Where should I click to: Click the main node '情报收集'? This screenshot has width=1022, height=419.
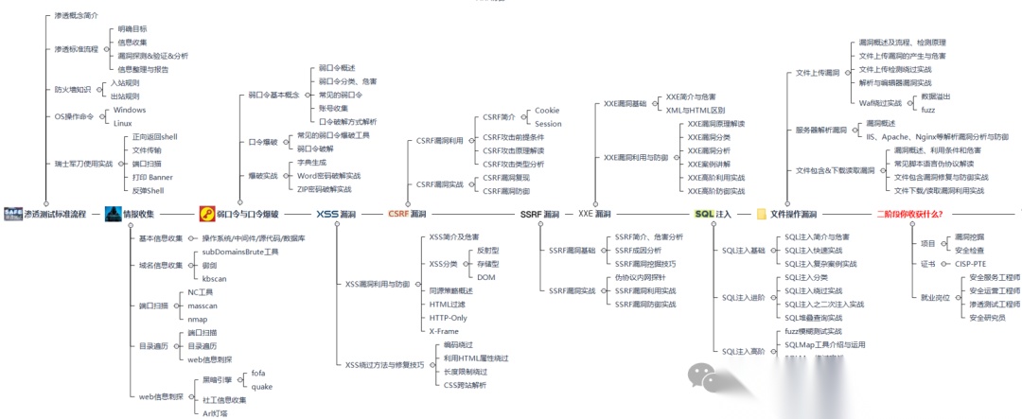click(145, 215)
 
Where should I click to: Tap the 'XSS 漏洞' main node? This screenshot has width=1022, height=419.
click(336, 215)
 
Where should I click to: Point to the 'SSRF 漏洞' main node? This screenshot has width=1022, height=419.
click(540, 215)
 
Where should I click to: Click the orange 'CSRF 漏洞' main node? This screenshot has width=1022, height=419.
click(408, 215)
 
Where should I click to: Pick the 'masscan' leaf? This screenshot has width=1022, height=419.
click(203, 306)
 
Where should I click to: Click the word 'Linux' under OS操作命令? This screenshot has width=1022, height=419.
click(122, 123)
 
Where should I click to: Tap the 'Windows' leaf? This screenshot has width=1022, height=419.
click(129, 110)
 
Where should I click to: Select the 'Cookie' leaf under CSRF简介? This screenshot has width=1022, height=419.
click(548, 111)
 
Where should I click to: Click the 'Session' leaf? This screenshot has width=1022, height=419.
click(548, 124)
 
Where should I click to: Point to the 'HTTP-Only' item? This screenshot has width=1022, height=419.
click(448, 318)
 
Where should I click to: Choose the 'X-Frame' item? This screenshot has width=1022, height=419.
click(444, 331)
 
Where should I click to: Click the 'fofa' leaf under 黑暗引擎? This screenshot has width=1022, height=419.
click(258, 374)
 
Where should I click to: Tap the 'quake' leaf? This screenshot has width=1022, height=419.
click(261, 387)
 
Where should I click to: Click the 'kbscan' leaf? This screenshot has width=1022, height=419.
click(214, 279)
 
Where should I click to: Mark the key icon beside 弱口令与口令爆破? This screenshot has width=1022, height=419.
click(206, 215)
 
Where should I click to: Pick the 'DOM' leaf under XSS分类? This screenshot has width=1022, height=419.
click(485, 277)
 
